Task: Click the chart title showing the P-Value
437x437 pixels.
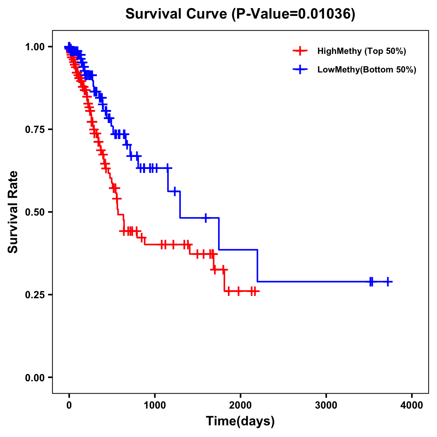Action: [x=240, y=14]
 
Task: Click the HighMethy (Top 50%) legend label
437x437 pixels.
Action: [x=361, y=51]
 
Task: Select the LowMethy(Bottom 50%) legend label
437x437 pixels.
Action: [x=367, y=70]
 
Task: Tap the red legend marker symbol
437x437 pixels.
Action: [x=300, y=51]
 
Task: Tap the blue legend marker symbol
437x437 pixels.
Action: [x=300, y=70]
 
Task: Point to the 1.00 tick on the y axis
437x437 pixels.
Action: [x=35, y=47]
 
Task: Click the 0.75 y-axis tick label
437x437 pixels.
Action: [x=35, y=130]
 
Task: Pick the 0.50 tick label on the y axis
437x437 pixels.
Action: [x=35, y=212]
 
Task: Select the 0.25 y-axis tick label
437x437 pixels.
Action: [x=35, y=295]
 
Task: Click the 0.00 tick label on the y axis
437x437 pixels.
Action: [x=35, y=378]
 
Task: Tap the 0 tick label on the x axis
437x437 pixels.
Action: [x=69, y=405]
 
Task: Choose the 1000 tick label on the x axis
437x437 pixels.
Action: [x=155, y=405]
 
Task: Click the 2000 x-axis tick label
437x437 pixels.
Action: [x=240, y=405]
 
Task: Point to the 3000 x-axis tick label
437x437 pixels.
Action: [x=326, y=405]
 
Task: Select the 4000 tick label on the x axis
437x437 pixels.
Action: [x=412, y=405]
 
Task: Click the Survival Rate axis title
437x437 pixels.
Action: [x=13, y=212]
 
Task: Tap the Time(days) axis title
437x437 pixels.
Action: [x=240, y=421]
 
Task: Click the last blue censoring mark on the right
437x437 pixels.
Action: [x=388, y=282]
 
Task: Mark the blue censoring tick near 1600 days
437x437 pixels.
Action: [x=206, y=218]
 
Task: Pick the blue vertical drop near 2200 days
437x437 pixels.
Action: [x=257, y=266]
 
